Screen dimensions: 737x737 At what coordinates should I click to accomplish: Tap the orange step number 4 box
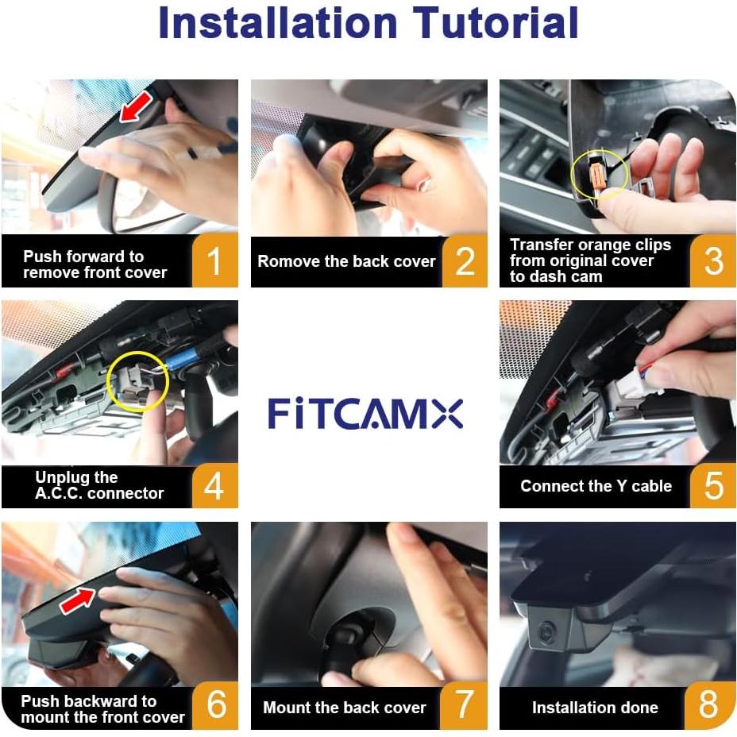[x=214, y=484]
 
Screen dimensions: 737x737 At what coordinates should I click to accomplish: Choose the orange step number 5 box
[x=712, y=484]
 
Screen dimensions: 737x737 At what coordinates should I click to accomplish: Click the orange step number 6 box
[x=214, y=705]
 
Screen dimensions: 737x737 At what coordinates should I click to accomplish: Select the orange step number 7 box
[x=465, y=705]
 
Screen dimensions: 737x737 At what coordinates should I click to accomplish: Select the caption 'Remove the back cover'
[x=347, y=261]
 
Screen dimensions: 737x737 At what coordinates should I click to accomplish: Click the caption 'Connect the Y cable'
[x=596, y=486]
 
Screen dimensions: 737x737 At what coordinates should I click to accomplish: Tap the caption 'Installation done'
[x=595, y=707]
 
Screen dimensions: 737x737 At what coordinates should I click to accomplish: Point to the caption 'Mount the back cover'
[x=344, y=707]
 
